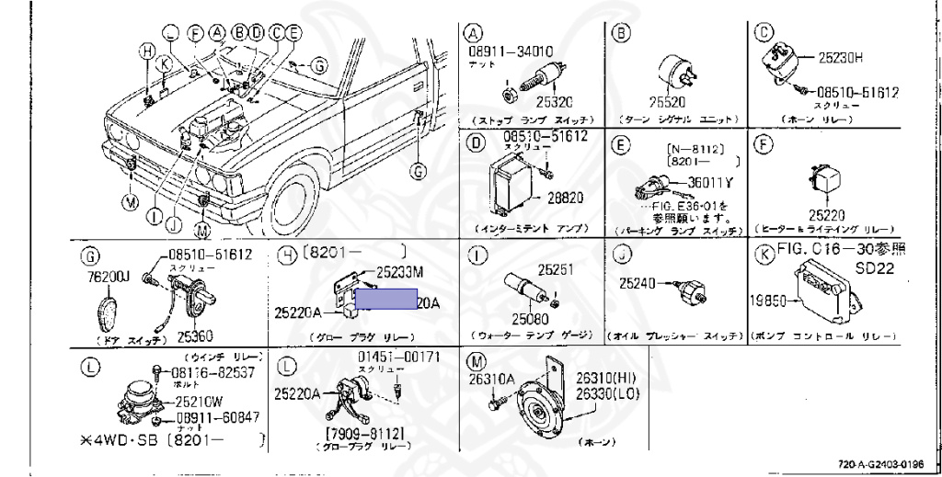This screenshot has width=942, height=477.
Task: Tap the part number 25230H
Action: (844, 57)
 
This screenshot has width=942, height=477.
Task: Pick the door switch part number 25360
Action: (195, 337)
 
